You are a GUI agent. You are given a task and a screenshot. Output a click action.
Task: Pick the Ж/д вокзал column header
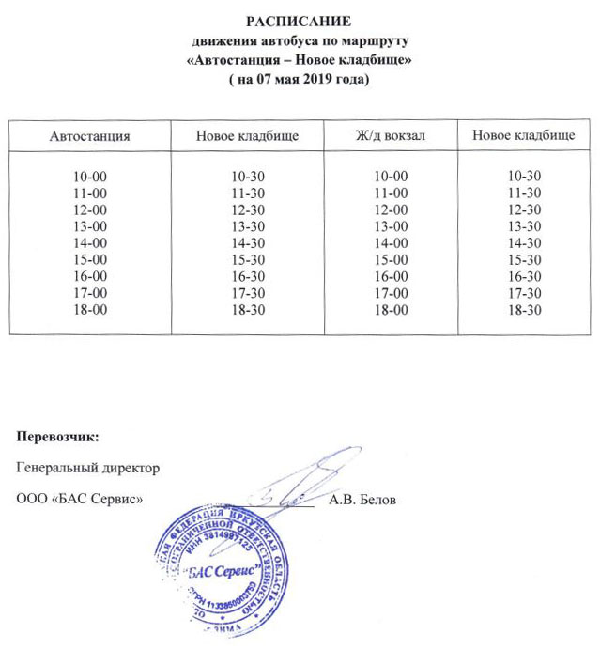coord(391,136)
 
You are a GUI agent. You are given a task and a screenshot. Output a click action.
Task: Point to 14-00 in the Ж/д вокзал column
coord(391,242)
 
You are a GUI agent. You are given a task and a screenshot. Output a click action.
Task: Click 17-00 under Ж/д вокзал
coord(391,292)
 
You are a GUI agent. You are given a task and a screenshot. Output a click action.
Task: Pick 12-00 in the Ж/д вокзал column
coord(391,209)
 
